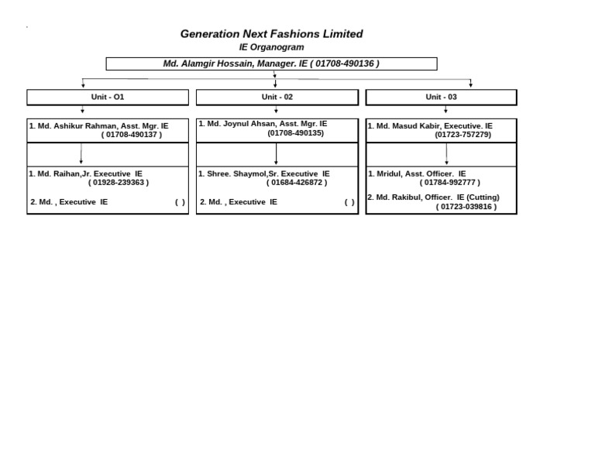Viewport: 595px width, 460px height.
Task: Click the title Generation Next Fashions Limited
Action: [x=271, y=34]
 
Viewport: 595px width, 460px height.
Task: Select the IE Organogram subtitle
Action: [x=271, y=47]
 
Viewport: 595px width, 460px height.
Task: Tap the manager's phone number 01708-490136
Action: [x=346, y=64]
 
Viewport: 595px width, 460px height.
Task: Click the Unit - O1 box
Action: [x=108, y=97]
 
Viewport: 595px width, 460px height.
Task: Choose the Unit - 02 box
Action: [x=277, y=97]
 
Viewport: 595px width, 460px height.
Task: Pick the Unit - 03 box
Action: [x=441, y=97]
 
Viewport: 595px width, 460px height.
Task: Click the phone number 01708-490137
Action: [x=132, y=135]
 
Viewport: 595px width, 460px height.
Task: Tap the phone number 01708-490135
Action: [x=296, y=133]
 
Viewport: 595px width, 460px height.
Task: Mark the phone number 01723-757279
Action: [x=463, y=135]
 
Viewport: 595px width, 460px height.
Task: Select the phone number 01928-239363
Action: [x=119, y=183]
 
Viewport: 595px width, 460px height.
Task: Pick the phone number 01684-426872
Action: [x=297, y=183]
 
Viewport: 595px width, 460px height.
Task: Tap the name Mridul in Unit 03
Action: [x=389, y=174]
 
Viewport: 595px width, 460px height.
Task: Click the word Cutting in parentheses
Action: [x=483, y=197]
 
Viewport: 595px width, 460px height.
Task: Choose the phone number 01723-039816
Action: [x=466, y=207]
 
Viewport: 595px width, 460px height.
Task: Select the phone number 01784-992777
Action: [x=450, y=183]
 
